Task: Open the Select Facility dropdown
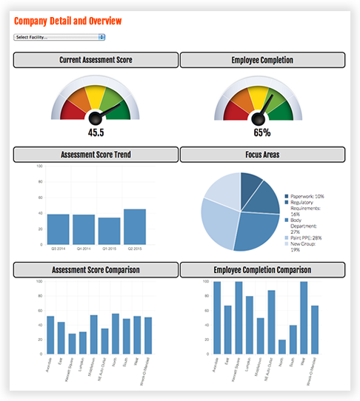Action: [x=59, y=36]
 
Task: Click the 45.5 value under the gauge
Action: [x=96, y=133]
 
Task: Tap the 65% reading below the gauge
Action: [x=261, y=133]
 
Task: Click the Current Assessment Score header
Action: [x=96, y=59]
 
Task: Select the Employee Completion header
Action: [x=262, y=59]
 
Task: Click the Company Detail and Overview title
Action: [x=67, y=21]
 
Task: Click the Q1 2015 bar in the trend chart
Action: [x=109, y=231]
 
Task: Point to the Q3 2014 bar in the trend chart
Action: [x=59, y=229]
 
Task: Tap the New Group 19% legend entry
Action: [x=304, y=246]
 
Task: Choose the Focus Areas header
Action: [x=262, y=154]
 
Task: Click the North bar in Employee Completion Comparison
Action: [x=282, y=346]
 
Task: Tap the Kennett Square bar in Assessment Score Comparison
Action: [x=72, y=343]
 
